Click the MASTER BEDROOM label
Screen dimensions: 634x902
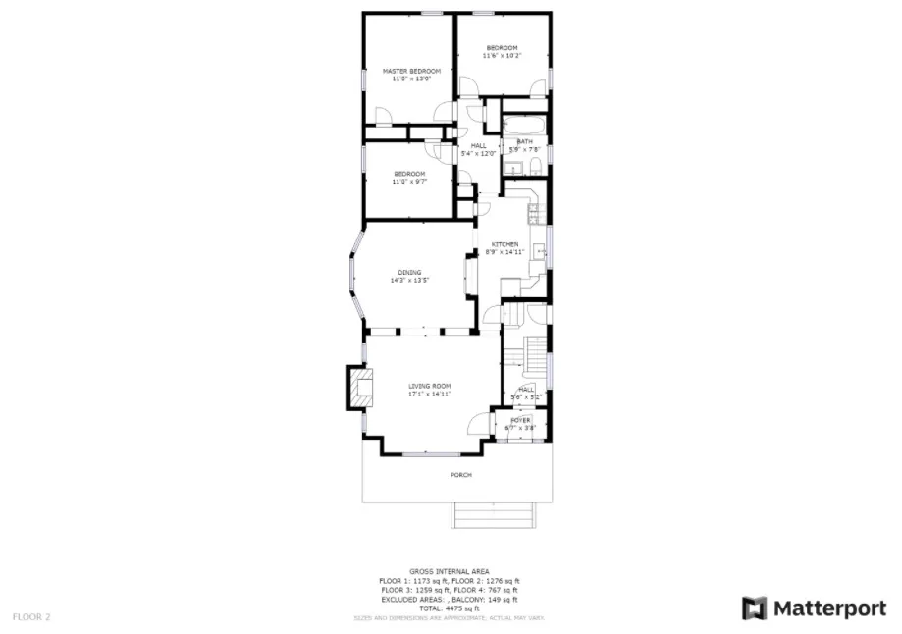[410, 72]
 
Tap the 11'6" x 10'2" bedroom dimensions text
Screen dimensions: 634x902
[502, 56]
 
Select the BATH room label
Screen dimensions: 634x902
[525, 142]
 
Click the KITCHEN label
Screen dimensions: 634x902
[504, 244]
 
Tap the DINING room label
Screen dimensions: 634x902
[409, 272]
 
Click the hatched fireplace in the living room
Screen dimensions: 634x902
[360, 389]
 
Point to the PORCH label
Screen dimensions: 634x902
[460, 475]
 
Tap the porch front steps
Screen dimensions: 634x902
[495, 515]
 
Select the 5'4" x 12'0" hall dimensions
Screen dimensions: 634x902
[478, 153]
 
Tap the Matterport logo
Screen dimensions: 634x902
[814, 608]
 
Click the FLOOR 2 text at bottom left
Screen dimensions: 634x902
[31, 617]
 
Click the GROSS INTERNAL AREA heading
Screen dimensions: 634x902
[450, 570]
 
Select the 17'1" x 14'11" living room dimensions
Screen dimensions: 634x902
[429, 395]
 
